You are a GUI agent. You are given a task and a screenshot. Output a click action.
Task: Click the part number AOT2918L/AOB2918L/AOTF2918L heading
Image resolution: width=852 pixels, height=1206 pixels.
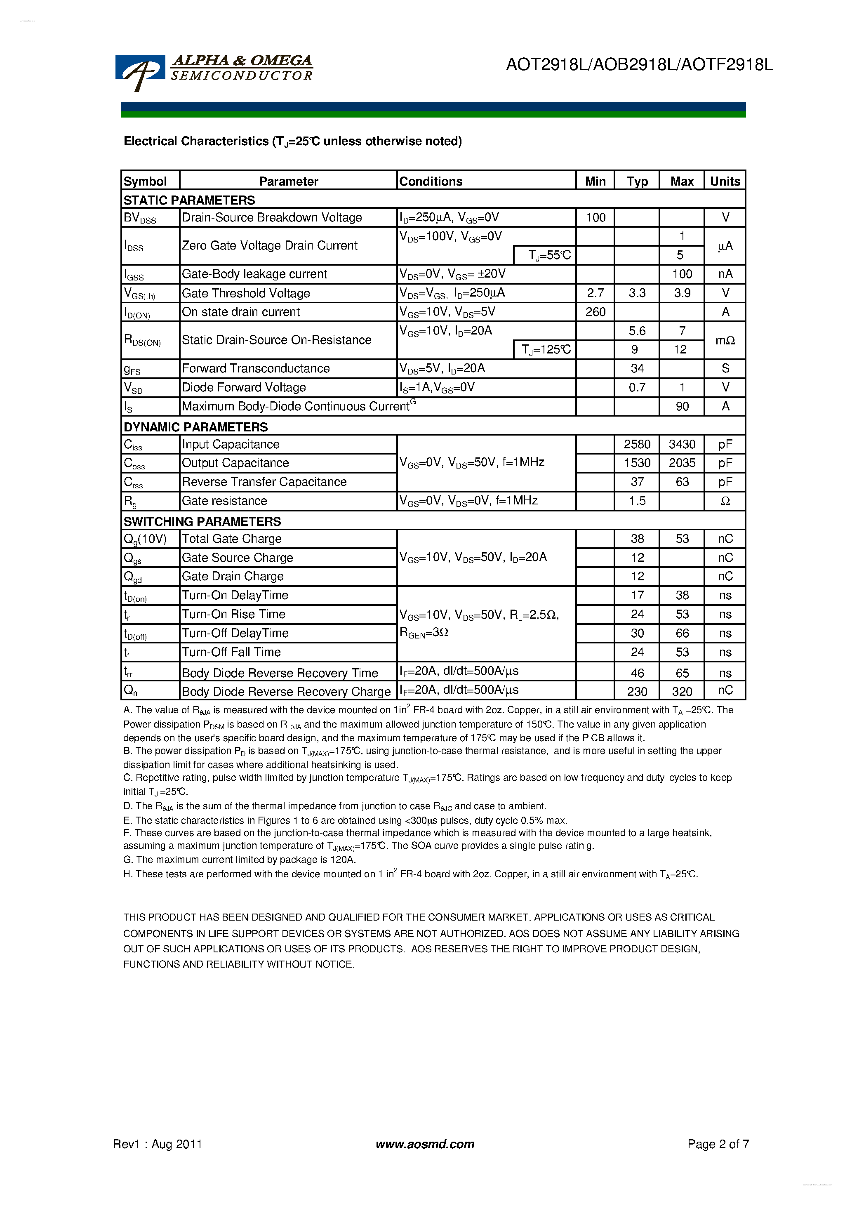click(x=639, y=65)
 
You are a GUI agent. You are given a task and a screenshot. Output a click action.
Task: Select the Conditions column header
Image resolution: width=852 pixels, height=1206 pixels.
click(x=431, y=181)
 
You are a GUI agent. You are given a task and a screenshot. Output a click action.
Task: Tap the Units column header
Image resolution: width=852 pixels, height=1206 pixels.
click(x=725, y=181)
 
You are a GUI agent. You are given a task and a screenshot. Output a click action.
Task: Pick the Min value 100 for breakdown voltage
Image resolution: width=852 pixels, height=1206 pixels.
click(x=595, y=217)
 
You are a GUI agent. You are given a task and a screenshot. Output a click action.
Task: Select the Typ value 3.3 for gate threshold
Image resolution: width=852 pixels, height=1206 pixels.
click(x=637, y=293)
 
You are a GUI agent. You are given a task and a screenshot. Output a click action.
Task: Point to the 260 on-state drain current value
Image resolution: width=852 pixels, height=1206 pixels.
click(x=595, y=312)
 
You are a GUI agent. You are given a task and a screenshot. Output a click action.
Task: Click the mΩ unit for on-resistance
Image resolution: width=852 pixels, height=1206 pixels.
click(x=725, y=340)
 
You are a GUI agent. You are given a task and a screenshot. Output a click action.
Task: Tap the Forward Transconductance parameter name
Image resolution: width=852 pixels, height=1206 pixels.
click(x=256, y=369)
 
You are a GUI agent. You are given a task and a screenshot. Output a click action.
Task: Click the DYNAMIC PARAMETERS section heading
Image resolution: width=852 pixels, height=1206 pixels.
click(x=195, y=427)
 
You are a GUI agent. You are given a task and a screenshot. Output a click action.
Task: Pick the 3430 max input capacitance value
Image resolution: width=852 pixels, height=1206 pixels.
click(x=682, y=444)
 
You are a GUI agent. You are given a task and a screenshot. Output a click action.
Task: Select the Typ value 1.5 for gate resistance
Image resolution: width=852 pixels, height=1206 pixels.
click(x=637, y=501)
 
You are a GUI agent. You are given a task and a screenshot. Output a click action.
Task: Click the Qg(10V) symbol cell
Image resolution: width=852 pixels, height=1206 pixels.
click(x=145, y=539)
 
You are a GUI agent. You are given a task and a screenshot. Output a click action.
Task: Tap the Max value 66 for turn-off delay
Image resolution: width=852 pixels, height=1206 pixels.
click(x=682, y=634)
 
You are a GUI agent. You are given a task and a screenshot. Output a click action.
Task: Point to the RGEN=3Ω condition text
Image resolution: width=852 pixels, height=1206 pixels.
click(x=424, y=634)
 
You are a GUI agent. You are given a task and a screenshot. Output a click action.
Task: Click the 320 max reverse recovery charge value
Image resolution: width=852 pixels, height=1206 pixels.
click(x=682, y=692)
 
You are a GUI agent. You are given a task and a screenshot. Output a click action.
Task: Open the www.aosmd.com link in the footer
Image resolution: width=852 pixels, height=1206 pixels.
click(x=425, y=1144)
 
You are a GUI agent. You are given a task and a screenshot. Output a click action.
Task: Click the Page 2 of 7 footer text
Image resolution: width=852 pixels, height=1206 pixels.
click(x=718, y=1144)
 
